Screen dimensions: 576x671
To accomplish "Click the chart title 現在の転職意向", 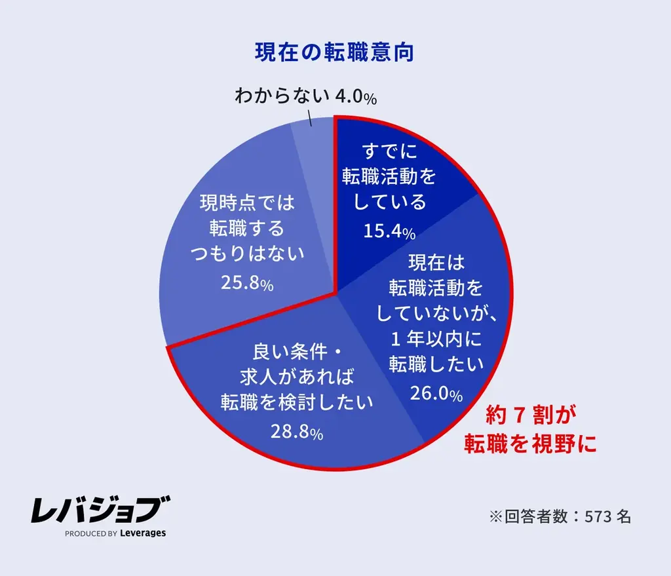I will pyautogui.click(x=334, y=53).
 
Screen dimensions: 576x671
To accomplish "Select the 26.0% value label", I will pyautogui.click(x=436, y=393).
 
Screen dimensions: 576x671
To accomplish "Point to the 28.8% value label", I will pyautogui.click(x=296, y=433).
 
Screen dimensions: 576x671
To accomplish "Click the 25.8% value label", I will pyautogui.click(x=247, y=284).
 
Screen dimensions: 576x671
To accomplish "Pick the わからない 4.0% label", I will pyautogui.click(x=305, y=97).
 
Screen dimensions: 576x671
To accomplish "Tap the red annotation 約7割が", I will pyautogui.click(x=530, y=415).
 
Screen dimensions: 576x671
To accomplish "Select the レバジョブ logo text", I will pyautogui.click(x=100, y=510).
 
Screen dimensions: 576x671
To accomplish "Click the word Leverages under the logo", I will pyautogui.click(x=143, y=533).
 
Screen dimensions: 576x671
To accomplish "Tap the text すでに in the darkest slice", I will pyautogui.click(x=389, y=153).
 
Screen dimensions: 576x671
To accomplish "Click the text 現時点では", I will pyautogui.click(x=247, y=203).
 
